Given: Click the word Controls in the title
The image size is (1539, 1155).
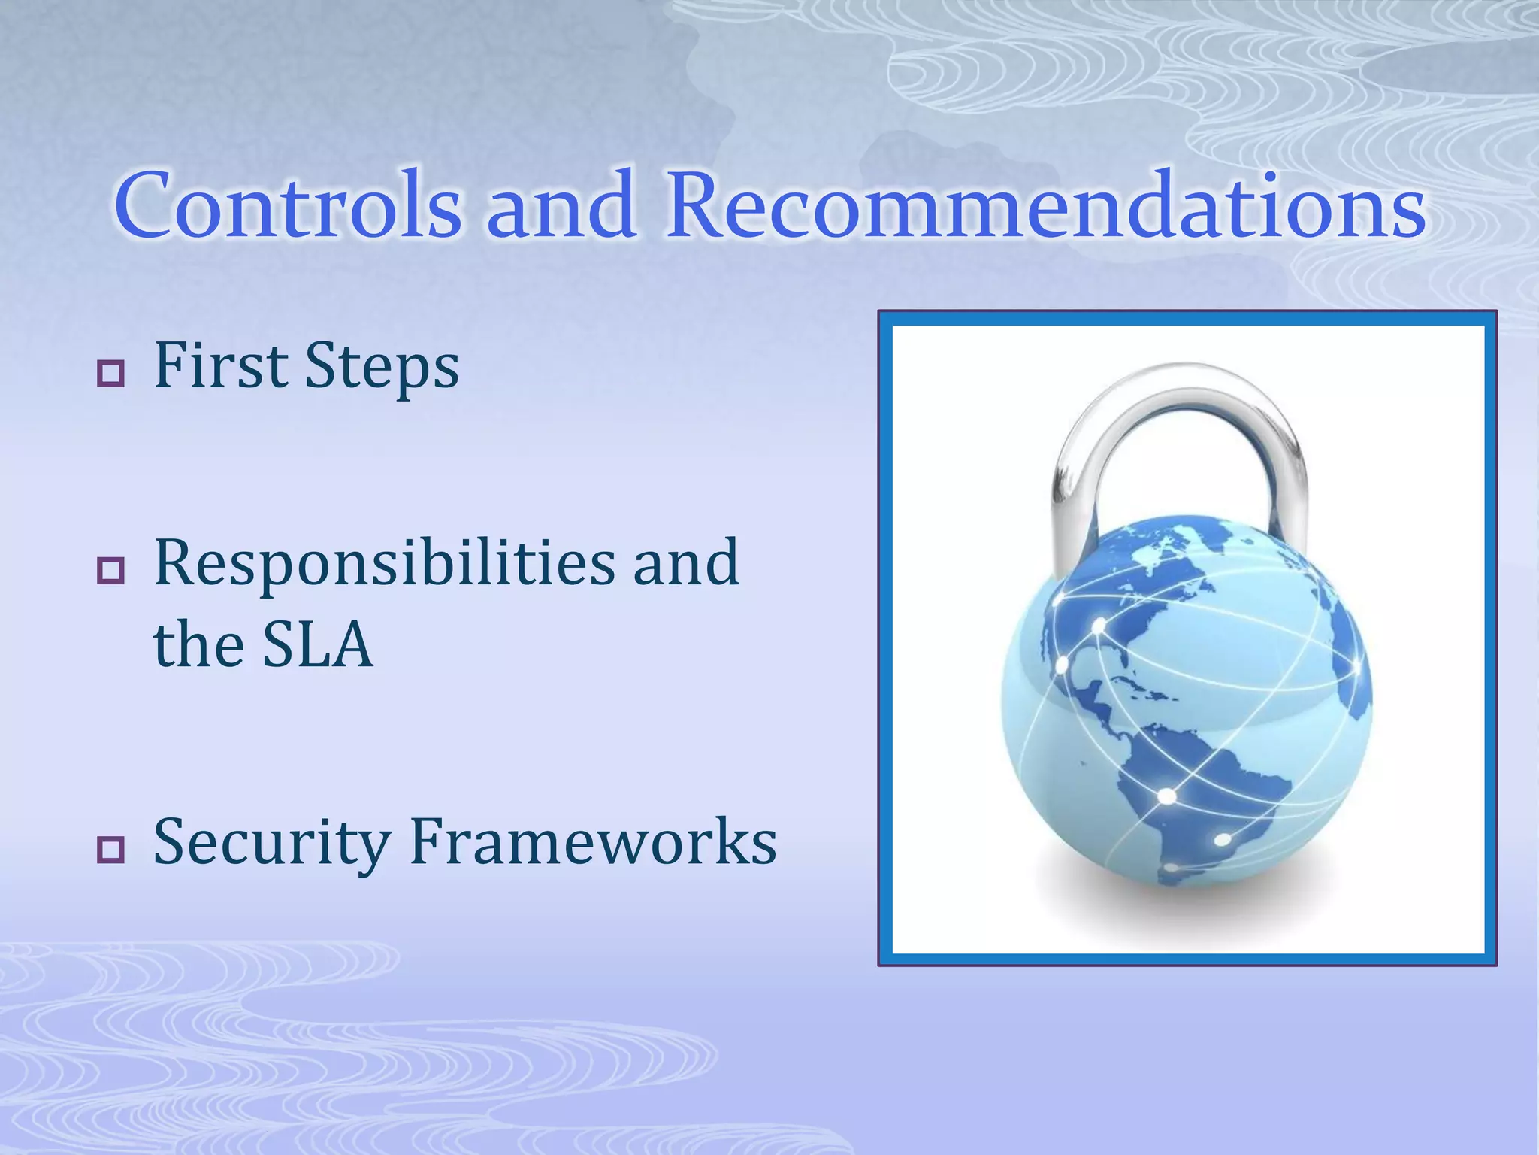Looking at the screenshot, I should coord(288,205).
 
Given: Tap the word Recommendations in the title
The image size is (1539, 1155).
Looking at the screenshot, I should coord(1045,205).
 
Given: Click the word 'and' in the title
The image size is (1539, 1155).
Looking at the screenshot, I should coord(561,205).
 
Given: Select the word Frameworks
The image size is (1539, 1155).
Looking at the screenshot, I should coord(594,842).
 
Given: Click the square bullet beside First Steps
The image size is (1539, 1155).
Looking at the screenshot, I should coord(111,373).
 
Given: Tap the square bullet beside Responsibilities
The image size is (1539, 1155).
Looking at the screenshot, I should coord(111,571).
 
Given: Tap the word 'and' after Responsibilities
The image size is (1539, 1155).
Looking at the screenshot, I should coord(685,564).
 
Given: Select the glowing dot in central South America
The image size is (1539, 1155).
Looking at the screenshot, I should coord(1166,796).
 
